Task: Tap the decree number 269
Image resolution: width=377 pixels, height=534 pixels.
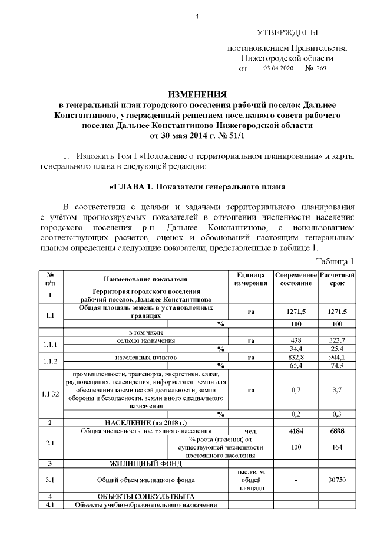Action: (x=321, y=69)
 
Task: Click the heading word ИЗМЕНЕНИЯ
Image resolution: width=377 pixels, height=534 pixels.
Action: (x=197, y=94)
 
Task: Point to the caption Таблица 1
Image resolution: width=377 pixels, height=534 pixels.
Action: (x=335, y=261)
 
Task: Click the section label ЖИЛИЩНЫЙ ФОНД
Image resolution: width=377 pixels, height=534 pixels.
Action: (x=145, y=464)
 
